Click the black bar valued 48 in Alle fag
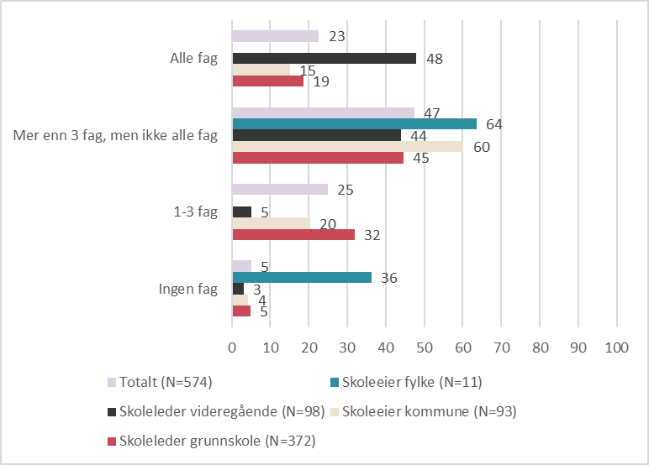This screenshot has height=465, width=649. [x=324, y=58]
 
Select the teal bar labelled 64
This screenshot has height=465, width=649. [x=354, y=124]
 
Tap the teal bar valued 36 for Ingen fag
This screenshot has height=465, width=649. [x=302, y=277]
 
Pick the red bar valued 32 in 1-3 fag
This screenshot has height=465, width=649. [x=293, y=234]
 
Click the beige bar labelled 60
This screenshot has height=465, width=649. [x=348, y=146]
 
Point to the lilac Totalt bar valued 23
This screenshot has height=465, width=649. [x=275, y=36]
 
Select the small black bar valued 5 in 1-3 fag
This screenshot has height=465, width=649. [x=242, y=212]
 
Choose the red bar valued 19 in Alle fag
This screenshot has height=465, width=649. [x=268, y=81]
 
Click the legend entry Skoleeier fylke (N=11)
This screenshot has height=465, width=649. [x=406, y=382]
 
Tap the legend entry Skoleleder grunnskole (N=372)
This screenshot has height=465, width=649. [x=212, y=441]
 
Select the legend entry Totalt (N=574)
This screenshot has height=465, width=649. [x=160, y=382]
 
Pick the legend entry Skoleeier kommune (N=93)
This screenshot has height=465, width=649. [x=424, y=411]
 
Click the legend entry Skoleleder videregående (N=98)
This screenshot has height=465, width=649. [x=216, y=411]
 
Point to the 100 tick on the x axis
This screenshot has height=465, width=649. [x=617, y=347]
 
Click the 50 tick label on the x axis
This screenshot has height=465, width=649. [x=425, y=347]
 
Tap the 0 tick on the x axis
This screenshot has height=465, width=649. [x=232, y=347]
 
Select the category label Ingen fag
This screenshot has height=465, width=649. [x=188, y=289]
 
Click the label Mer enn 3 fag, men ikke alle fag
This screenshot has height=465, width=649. [x=115, y=135]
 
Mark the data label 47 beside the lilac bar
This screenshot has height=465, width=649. [x=432, y=112]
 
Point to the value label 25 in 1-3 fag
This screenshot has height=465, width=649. [x=346, y=190]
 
